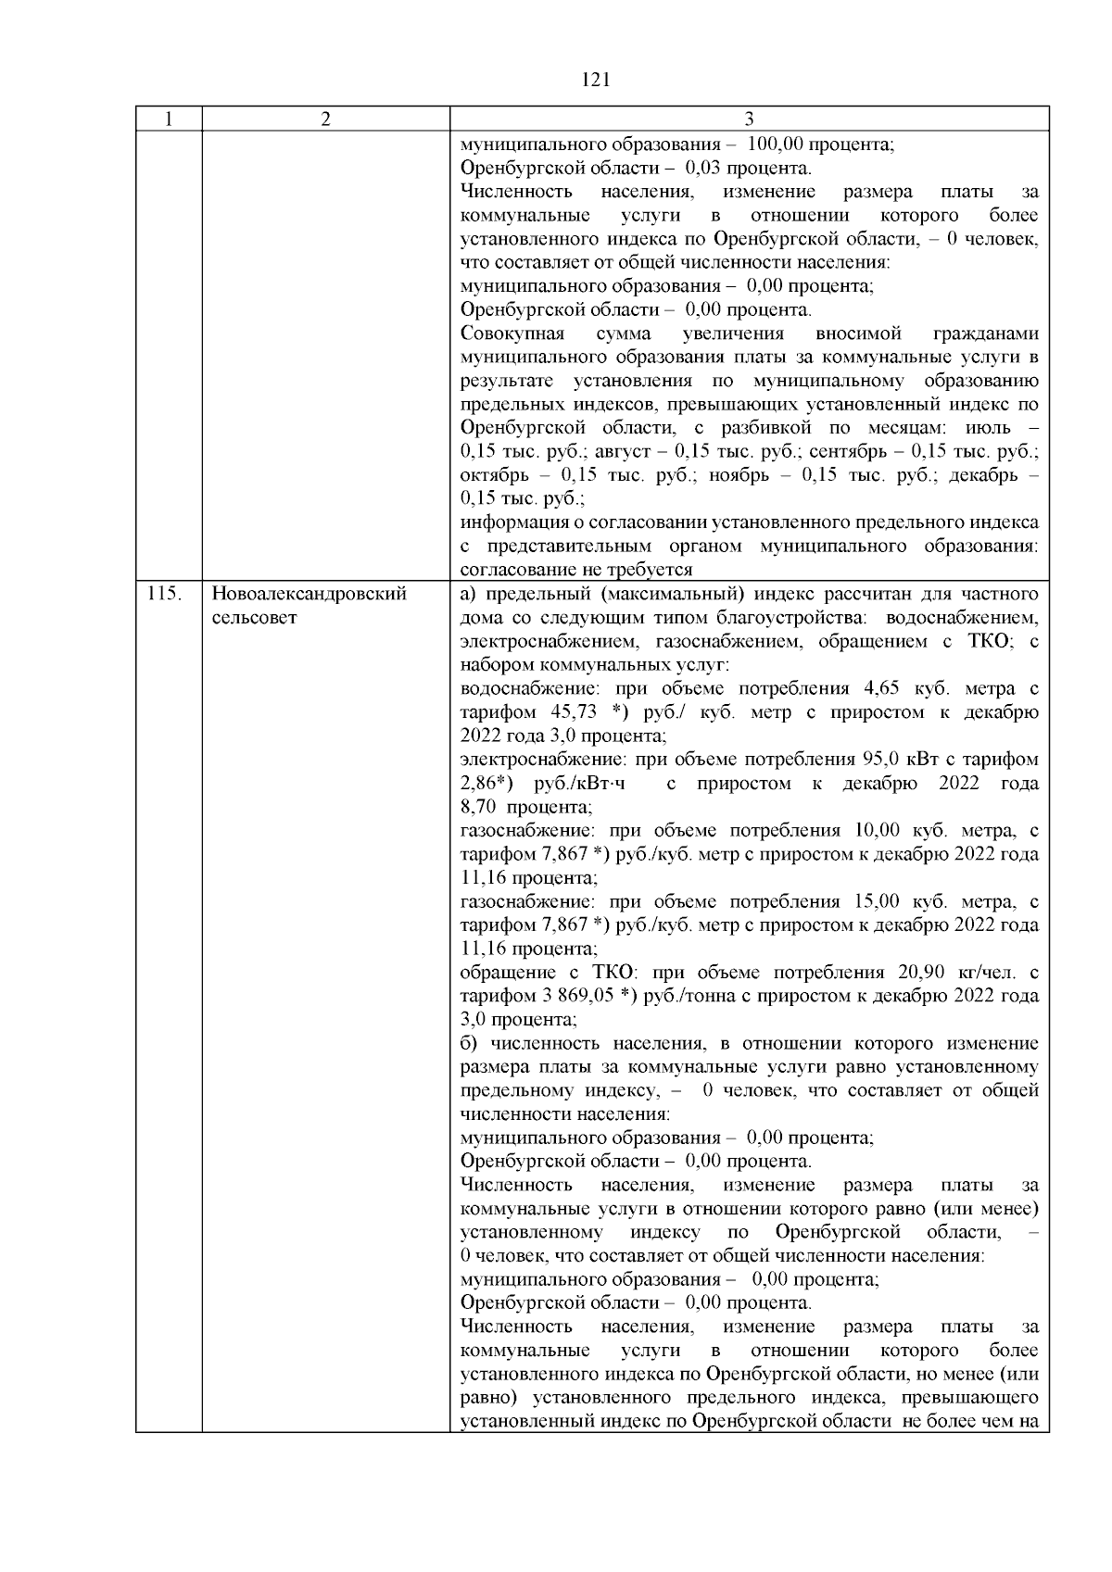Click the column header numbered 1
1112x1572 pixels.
point(169,119)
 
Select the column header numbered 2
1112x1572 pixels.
point(325,119)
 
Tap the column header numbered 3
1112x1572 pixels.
point(749,119)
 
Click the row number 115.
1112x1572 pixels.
point(163,594)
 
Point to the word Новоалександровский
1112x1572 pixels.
point(310,594)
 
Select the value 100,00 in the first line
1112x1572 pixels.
point(775,145)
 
